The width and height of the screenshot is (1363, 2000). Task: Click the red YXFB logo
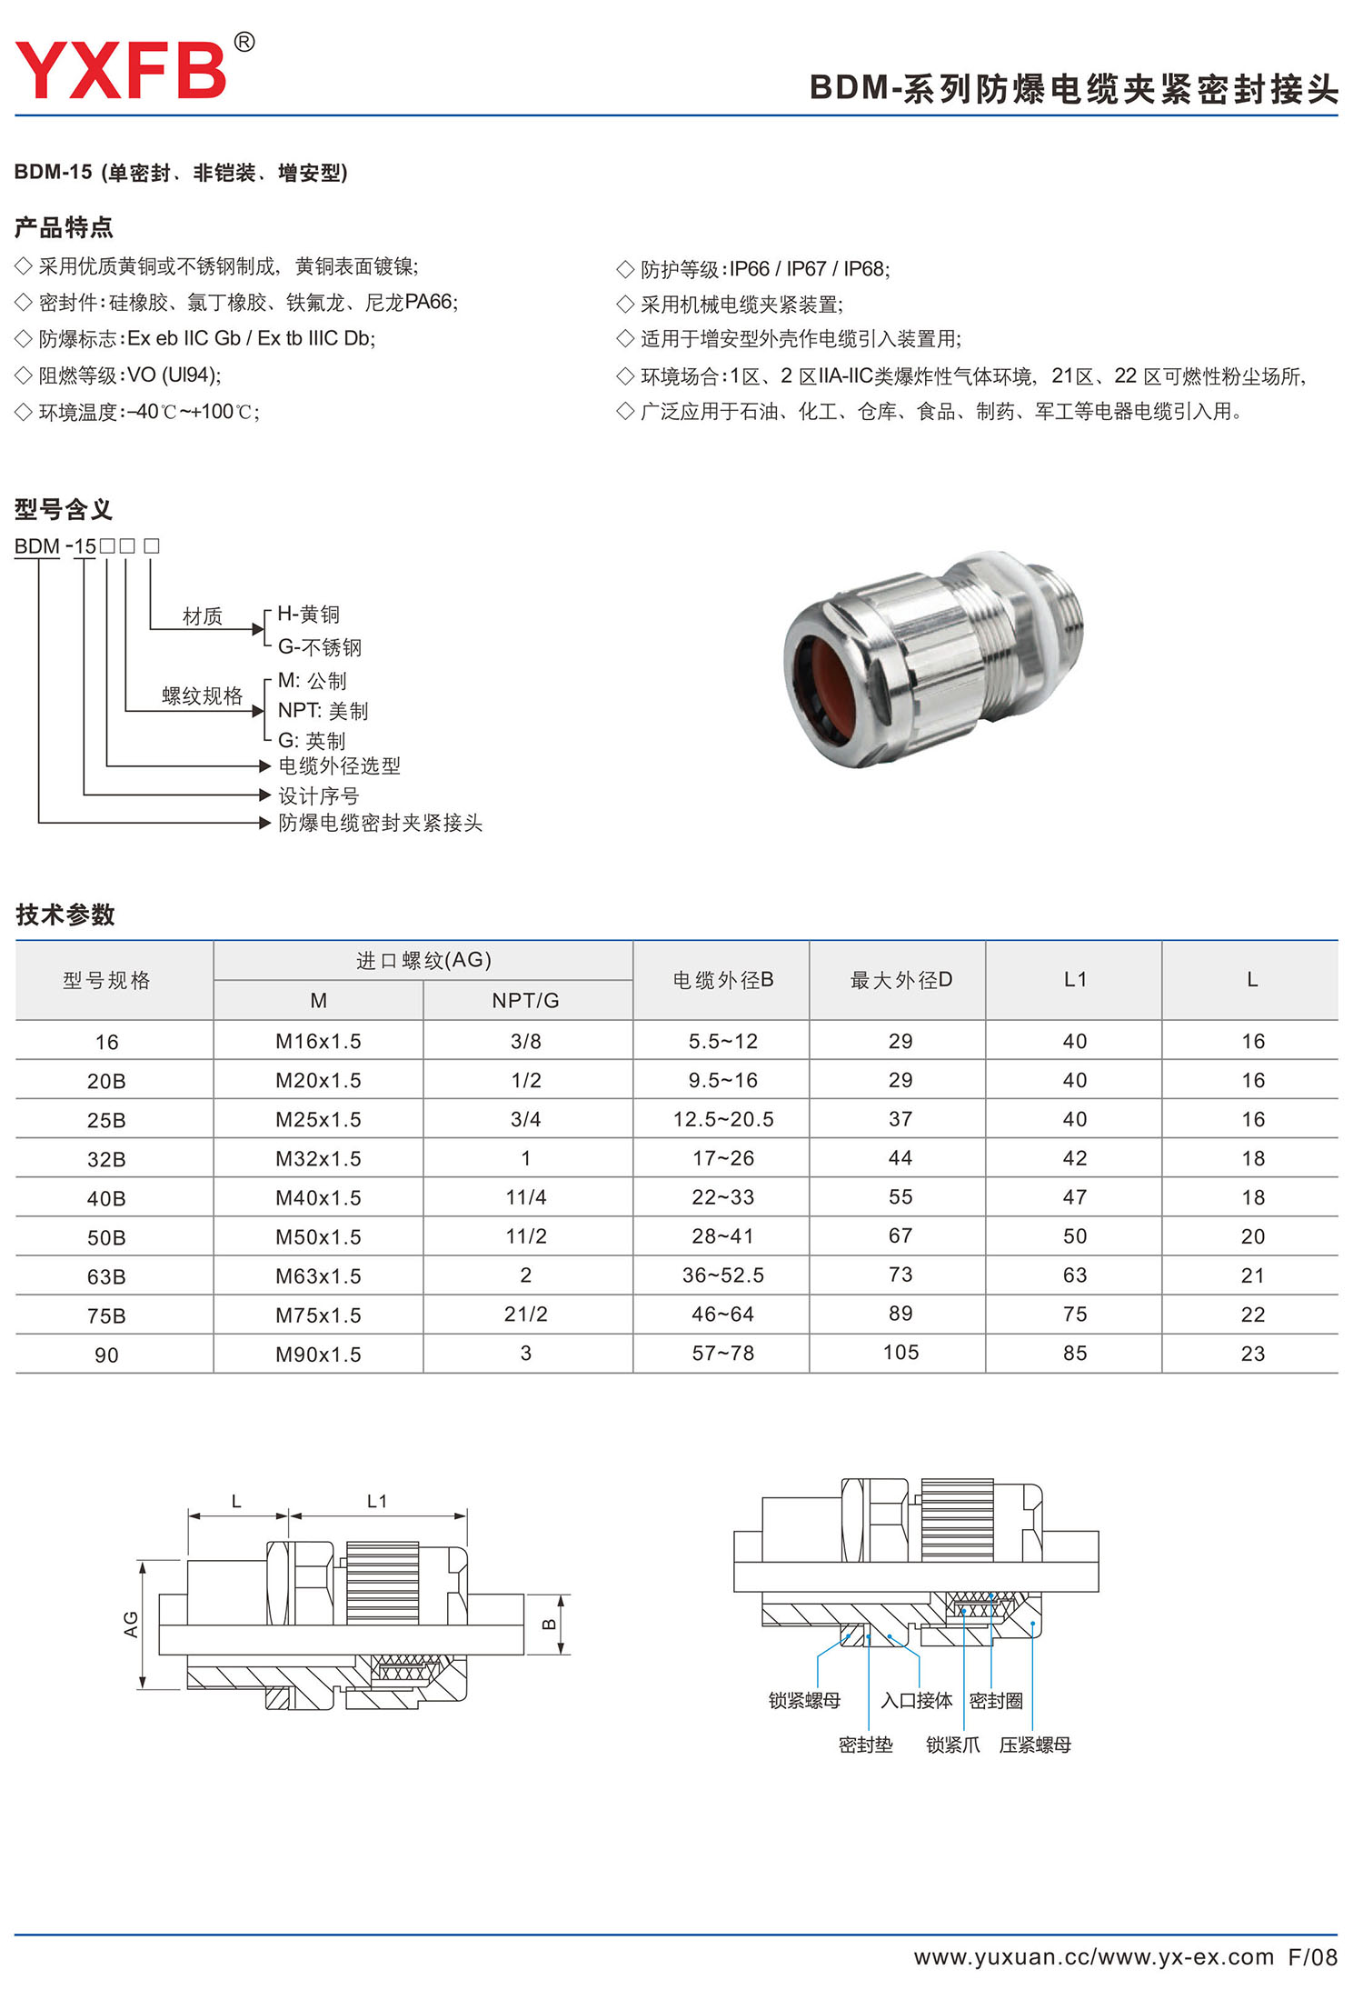pyautogui.click(x=120, y=71)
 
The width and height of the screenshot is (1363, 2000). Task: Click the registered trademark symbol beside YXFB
pyautogui.click(x=244, y=42)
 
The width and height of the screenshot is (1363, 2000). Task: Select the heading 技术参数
pyautogui.click(x=65, y=915)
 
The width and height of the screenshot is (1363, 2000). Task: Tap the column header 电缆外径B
pyautogui.click(x=722, y=980)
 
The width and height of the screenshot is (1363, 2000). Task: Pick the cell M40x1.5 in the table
pyautogui.click(x=318, y=1198)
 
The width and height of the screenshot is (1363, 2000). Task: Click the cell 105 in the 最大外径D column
pyautogui.click(x=900, y=1353)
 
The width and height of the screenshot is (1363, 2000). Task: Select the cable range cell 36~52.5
pyautogui.click(x=722, y=1275)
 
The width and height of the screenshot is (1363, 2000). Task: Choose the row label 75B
pyautogui.click(x=106, y=1315)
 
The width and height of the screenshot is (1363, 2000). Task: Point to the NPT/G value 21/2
pyautogui.click(x=526, y=1315)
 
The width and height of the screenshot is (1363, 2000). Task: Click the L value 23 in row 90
pyautogui.click(x=1252, y=1354)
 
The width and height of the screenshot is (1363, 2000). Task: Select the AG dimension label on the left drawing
pyautogui.click(x=131, y=1625)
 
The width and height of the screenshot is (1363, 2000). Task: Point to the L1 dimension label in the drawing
pyautogui.click(x=377, y=1502)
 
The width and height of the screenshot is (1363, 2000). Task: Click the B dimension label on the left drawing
pyautogui.click(x=549, y=1625)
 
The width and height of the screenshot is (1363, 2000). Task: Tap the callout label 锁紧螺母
pyautogui.click(x=804, y=1701)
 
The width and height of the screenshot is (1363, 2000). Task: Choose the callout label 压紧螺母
pyautogui.click(x=1035, y=1745)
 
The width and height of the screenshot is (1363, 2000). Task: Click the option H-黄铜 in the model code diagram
pyautogui.click(x=308, y=615)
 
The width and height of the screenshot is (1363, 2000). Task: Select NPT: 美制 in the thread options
pyautogui.click(x=323, y=711)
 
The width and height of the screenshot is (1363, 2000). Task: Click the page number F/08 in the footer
pyautogui.click(x=1312, y=1957)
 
